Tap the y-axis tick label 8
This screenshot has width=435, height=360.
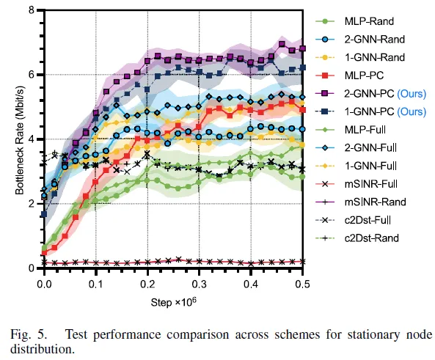coord(31,10)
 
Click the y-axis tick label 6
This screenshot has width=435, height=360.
coord(31,74)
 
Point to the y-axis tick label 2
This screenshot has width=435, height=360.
coord(31,204)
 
